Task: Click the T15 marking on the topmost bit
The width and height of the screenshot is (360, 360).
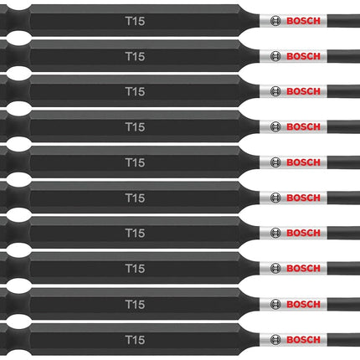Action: coord(135,21)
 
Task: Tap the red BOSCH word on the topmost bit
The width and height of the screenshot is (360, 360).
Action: coord(303,21)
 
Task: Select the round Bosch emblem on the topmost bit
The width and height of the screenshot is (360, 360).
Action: coord(275,21)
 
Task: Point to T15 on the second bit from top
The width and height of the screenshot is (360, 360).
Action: coord(135,56)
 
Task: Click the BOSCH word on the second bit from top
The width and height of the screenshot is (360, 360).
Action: coord(303,56)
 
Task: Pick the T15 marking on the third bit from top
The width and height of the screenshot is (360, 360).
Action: coord(135,91)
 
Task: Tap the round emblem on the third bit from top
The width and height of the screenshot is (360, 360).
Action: coord(275,91)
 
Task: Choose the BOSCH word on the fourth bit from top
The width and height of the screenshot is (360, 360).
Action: coord(303,127)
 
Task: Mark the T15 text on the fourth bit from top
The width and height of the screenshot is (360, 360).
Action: coord(135,127)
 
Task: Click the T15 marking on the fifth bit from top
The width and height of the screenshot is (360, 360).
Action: coord(135,162)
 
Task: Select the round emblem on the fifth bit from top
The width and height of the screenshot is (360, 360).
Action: coord(275,162)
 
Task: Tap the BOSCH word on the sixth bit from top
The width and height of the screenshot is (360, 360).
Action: coord(303,198)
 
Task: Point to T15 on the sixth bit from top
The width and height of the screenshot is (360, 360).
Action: coord(135,198)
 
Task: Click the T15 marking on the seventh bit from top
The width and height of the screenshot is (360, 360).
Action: coord(135,233)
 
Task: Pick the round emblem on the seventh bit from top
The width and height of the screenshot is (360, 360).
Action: coord(275,233)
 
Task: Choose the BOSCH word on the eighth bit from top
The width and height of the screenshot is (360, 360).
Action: coord(303,269)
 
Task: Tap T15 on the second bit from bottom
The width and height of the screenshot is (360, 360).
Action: coord(135,304)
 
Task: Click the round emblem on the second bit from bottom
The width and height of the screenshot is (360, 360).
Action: coord(275,304)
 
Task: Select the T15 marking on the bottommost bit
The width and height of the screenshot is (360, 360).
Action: coord(135,340)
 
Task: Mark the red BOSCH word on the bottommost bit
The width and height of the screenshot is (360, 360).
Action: coord(303,340)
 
